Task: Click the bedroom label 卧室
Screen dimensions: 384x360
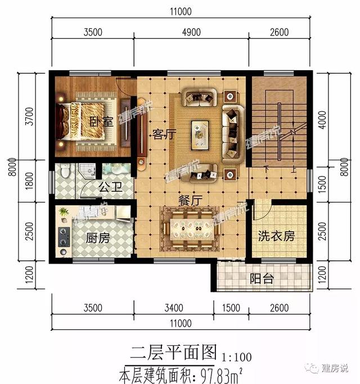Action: point(102,120)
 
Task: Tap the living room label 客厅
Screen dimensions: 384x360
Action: point(165,135)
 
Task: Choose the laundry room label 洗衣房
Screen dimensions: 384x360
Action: point(276,236)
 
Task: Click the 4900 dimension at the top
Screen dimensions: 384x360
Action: point(191,32)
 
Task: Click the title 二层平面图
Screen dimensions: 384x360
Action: point(173,353)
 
